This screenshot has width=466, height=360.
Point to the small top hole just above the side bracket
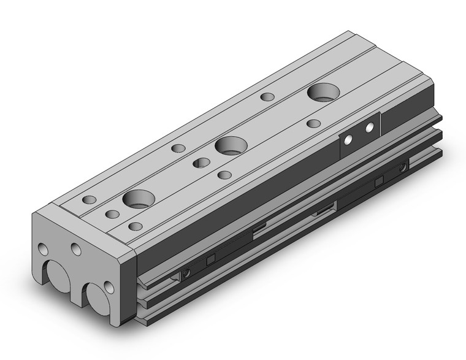313,124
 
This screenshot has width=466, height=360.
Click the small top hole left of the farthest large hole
267,96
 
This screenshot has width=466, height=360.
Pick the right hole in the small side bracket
369,128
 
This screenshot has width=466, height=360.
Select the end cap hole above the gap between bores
76,249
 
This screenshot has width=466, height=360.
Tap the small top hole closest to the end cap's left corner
90,200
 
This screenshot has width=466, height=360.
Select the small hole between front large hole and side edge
135,226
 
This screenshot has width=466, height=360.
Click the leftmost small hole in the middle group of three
178,148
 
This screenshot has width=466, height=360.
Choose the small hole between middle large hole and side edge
224,175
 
